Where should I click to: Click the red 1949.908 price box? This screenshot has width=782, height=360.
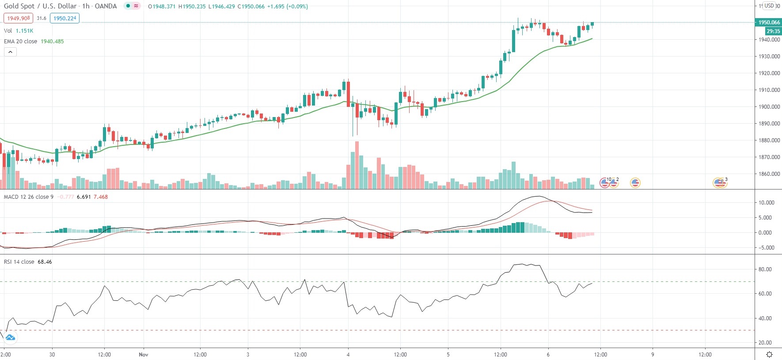coord(18,18)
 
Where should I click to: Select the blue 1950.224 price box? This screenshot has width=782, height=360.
coord(65,18)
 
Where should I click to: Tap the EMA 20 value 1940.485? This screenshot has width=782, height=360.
coord(52,41)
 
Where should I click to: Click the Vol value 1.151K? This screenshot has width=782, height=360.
coord(24,30)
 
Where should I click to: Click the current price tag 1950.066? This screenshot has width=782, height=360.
coord(769,22)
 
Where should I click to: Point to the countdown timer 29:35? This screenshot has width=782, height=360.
coord(773,31)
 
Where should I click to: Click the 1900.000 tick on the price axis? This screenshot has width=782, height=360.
coord(769,106)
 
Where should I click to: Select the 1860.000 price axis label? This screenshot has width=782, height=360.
coord(769,174)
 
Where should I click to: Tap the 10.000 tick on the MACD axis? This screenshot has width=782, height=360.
coord(766,202)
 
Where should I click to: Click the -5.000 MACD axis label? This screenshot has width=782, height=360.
coord(766,247)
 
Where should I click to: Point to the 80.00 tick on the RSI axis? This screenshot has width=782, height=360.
coord(765,269)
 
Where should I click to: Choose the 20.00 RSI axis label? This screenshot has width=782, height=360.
coord(765,342)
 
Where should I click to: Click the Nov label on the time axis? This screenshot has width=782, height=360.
coord(143,354)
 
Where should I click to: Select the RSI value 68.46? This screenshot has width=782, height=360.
coord(45,261)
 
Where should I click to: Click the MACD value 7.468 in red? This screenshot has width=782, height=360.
coord(100,197)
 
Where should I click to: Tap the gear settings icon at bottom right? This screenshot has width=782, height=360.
coord(769,354)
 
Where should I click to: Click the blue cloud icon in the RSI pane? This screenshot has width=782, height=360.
coord(10,337)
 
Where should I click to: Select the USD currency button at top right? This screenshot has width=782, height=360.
coord(769,6)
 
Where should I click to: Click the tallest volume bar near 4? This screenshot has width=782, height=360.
coord(357,165)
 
